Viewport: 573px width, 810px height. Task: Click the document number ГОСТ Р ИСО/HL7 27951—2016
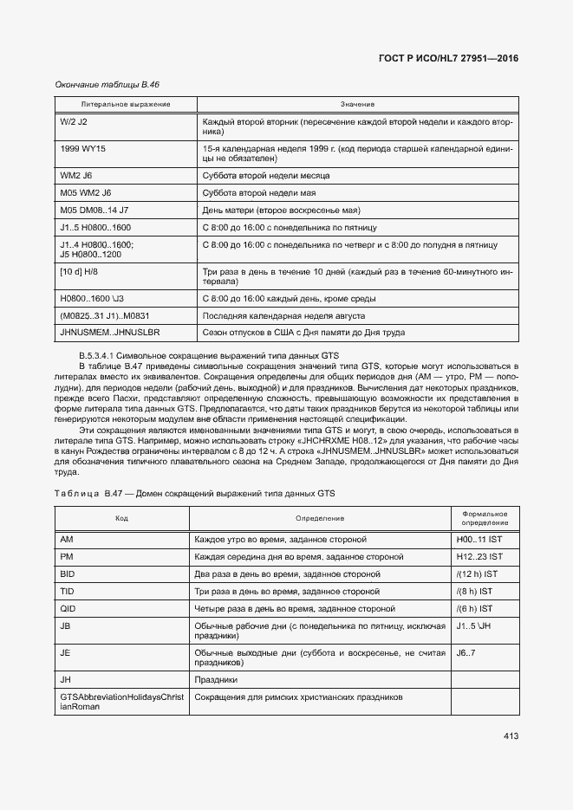(448, 58)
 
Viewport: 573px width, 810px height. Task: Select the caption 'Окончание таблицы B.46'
(107, 84)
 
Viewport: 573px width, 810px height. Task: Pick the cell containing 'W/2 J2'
(74, 122)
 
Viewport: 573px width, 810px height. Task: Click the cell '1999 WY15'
(82, 149)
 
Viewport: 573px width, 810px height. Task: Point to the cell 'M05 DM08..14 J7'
(94, 210)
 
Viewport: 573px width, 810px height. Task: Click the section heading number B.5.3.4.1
(103, 356)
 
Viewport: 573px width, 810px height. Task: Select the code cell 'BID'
(68, 573)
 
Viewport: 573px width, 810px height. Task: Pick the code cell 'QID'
(68, 608)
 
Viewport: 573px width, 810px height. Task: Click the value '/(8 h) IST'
(476, 591)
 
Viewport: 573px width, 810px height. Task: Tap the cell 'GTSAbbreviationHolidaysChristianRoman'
(121, 702)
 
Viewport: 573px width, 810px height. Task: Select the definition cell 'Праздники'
(216, 679)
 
